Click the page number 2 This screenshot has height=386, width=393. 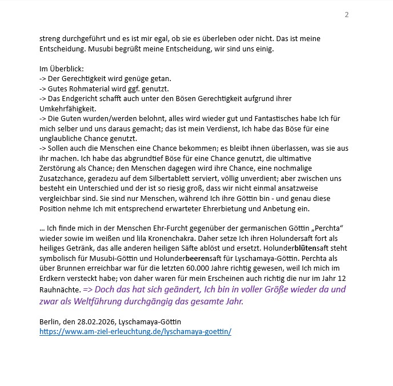[346, 14]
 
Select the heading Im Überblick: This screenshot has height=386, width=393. [62, 69]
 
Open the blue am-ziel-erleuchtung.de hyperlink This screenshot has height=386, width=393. [135, 331]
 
